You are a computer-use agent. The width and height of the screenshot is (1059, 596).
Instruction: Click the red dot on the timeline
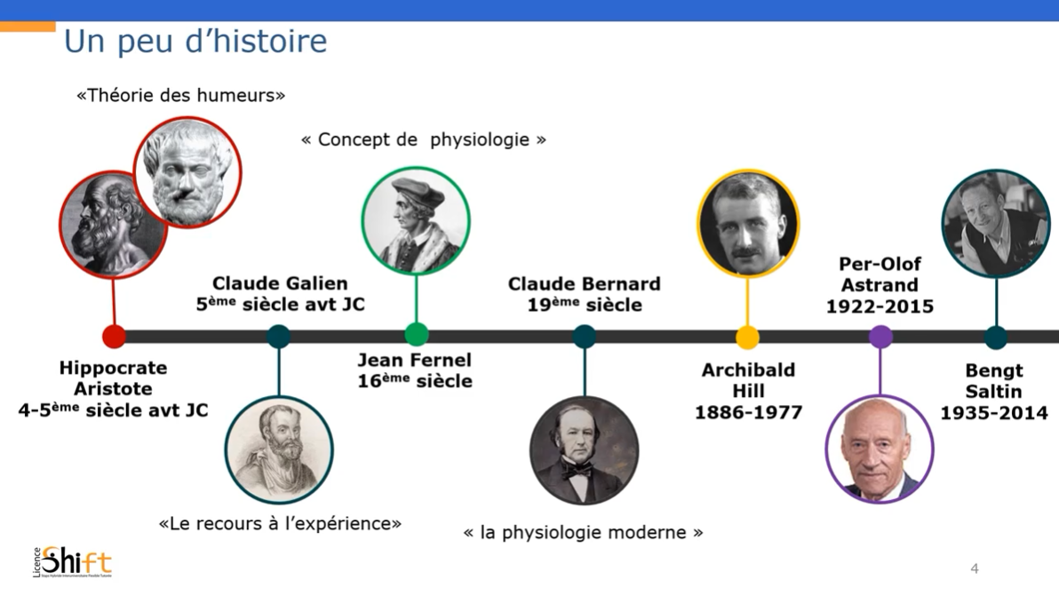pos(114,336)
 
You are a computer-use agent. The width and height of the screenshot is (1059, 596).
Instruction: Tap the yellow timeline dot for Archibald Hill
pos(747,337)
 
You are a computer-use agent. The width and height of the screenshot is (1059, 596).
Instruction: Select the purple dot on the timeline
pos(880,336)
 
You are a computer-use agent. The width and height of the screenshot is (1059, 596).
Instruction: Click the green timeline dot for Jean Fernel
pos(416,334)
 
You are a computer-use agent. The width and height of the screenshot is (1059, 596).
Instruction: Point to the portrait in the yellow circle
pos(748,224)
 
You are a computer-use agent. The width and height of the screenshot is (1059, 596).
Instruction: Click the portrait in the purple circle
pos(880,449)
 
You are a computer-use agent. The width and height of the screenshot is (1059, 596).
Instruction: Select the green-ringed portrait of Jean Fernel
pos(416,220)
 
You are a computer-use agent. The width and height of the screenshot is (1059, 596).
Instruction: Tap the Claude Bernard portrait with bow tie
pos(585,450)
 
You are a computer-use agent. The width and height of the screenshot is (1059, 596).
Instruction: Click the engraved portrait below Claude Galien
pos(279,449)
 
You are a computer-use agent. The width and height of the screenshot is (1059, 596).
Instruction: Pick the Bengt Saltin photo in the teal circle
pos(996,224)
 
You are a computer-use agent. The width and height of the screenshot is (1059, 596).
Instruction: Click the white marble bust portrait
pos(187,173)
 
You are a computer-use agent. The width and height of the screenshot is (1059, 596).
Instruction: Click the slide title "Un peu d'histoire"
pos(195,41)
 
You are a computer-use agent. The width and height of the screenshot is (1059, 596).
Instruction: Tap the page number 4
pos(974,568)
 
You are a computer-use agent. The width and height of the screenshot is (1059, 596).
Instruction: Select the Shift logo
pos(73,561)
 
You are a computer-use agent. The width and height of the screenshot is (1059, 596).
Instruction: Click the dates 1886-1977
pos(748,412)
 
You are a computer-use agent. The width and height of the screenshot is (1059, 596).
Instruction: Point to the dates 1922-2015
pos(880,306)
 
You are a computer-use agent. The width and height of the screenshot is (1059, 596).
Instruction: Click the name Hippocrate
pos(113,368)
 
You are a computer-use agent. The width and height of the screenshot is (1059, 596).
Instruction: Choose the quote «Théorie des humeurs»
pos(180,95)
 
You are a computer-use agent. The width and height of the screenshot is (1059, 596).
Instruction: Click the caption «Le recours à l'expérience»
pos(280,524)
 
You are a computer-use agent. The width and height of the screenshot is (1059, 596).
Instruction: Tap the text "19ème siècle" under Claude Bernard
pos(585,305)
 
